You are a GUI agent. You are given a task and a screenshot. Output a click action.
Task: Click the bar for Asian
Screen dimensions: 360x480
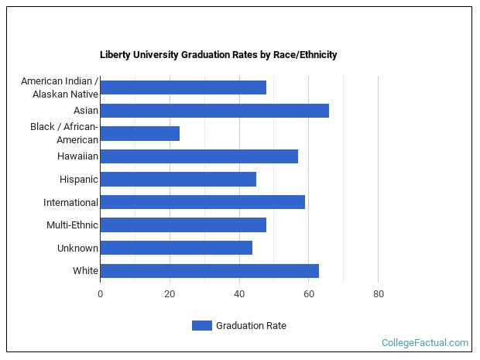214,111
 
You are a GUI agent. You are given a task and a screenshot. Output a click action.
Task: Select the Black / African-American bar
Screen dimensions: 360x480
139,133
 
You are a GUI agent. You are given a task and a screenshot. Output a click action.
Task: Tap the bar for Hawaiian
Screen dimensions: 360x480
199,156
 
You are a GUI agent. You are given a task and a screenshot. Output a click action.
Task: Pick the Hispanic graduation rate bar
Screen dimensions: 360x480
178,180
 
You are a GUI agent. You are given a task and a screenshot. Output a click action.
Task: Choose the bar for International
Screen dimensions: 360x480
202,202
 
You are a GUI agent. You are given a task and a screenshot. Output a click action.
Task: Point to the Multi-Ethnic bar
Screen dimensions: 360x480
183,225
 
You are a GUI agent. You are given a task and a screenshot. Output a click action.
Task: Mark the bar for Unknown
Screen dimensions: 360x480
176,248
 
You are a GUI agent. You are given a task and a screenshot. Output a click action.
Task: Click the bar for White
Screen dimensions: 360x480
209,271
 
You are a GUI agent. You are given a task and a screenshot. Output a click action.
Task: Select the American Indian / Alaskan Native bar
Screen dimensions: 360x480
183,87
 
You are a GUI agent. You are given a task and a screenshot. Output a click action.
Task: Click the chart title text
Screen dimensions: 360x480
218,55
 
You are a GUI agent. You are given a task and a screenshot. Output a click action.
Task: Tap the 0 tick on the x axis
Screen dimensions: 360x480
100,294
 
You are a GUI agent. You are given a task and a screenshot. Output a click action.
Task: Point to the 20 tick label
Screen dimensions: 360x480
170,294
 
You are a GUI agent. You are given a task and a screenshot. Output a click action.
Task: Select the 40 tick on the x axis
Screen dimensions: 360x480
239,294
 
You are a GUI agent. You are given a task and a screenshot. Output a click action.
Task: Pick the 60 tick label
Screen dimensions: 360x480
309,294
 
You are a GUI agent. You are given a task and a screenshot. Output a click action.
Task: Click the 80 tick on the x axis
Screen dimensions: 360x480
379,294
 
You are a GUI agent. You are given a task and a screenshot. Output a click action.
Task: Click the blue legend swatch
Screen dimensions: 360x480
201,326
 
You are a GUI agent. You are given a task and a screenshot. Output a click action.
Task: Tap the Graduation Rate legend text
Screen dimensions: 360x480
251,326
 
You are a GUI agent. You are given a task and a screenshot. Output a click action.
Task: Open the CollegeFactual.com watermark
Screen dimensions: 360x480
425,342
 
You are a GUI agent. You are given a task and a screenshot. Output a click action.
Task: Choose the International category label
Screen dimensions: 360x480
70,203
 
